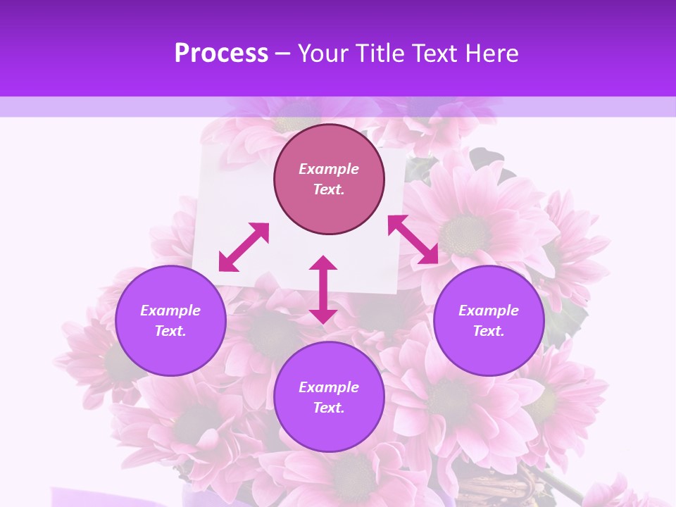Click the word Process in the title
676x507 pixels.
(x=221, y=54)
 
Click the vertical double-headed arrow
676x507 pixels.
(x=323, y=289)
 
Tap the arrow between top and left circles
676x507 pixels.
(x=244, y=247)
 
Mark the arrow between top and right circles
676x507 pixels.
(x=413, y=239)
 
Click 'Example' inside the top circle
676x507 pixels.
(x=329, y=169)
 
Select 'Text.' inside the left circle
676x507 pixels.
(x=170, y=331)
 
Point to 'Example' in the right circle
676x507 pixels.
(x=489, y=311)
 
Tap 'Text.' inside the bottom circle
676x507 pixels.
(x=329, y=408)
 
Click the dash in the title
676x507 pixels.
(x=283, y=54)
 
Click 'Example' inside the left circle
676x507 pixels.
(x=170, y=311)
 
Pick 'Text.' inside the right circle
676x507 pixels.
(x=489, y=331)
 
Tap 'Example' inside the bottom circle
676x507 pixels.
(x=329, y=387)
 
